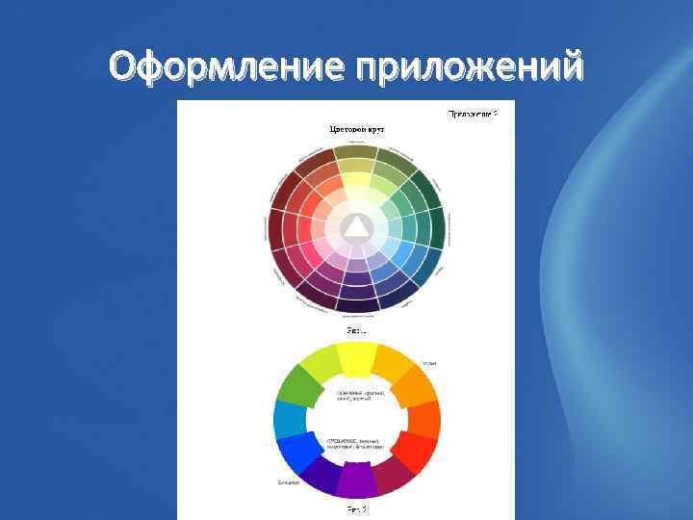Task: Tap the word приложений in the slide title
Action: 469,68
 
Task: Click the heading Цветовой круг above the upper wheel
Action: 357,127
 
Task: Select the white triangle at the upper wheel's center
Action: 356,226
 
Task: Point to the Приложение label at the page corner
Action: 472,114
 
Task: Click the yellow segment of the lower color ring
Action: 356,358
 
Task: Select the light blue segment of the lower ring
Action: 288,419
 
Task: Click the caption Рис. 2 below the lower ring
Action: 357,507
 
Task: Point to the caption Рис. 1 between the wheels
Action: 356,330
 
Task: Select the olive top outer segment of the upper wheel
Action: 355,152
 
